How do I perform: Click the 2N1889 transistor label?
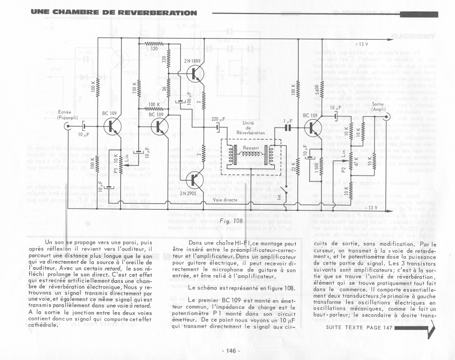pos(192,61)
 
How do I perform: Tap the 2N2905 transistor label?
pos(188,193)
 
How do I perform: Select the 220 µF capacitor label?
pos(218,119)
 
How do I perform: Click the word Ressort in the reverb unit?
pos(251,148)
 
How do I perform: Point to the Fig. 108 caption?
pos(231,221)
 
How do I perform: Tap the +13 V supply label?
pos(361,44)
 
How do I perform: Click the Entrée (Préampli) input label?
pos(67,115)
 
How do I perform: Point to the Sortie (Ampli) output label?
pos(378,107)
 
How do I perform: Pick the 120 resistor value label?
pos(154,49)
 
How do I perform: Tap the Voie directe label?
pos(225,200)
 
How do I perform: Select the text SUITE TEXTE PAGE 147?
pos(359,327)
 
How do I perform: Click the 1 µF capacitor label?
pos(288,122)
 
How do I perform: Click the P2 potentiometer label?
pos(343,170)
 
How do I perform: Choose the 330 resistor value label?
pos(164,59)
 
